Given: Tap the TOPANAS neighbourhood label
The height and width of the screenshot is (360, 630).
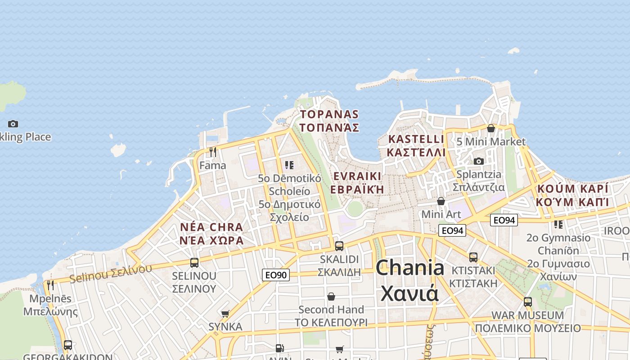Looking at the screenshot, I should tap(329, 121).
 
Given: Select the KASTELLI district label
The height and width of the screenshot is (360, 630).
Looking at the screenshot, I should tap(416, 146).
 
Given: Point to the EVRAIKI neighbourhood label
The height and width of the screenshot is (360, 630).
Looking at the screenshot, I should tap(357, 182).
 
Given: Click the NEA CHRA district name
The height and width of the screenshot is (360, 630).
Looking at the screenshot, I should tap(211, 234).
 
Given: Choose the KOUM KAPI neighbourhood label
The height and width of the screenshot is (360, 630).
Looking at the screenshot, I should tap(572, 195).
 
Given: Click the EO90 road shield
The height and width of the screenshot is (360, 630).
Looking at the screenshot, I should tap(276, 274).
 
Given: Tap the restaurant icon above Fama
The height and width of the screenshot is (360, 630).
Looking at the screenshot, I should tap(213, 152).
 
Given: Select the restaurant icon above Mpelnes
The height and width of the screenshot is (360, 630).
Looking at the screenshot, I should tap(50, 285).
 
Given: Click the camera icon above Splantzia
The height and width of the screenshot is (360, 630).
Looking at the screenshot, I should tap(478, 161).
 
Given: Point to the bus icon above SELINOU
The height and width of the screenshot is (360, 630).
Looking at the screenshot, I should tap(194, 262).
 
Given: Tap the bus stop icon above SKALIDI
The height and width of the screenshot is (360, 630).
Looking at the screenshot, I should tap(339, 246).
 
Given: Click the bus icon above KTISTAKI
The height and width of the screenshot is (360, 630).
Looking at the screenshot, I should tap(473, 257).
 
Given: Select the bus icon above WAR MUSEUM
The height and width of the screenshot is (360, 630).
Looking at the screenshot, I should tap(528, 302).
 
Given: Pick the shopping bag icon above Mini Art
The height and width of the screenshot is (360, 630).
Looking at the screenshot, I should tap(441, 201).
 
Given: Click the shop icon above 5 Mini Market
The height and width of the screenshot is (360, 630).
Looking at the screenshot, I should tap(491, 128).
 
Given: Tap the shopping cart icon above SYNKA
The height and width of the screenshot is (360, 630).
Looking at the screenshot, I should tap(225, 314).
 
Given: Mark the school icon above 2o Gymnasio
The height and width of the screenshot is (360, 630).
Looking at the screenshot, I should tap(558, 224).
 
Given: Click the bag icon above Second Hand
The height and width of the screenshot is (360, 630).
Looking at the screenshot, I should tap(331, 297).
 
